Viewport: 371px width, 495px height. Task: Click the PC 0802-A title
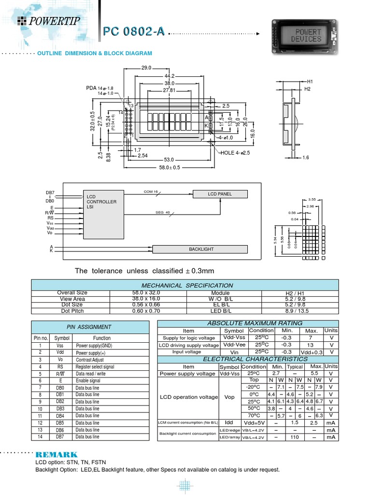tap(134, 32)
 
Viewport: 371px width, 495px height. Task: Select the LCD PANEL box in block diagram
tap(220, 194)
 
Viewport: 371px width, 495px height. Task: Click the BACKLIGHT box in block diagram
tap(201, 249)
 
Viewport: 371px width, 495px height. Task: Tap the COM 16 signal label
tap(151, 192)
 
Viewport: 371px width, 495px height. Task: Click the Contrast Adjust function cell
tap(90, 360)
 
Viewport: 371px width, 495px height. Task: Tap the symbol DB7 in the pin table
tap(59, 437)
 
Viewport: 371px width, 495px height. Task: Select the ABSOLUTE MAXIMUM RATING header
tap(248, 323)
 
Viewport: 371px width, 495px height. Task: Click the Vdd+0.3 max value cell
tap(313, 352)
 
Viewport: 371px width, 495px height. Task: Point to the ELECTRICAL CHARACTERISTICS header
tap(248, 359)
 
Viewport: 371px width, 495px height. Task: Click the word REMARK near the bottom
tap(56, 455)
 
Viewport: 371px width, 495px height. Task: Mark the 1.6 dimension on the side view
tap(305, 158)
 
